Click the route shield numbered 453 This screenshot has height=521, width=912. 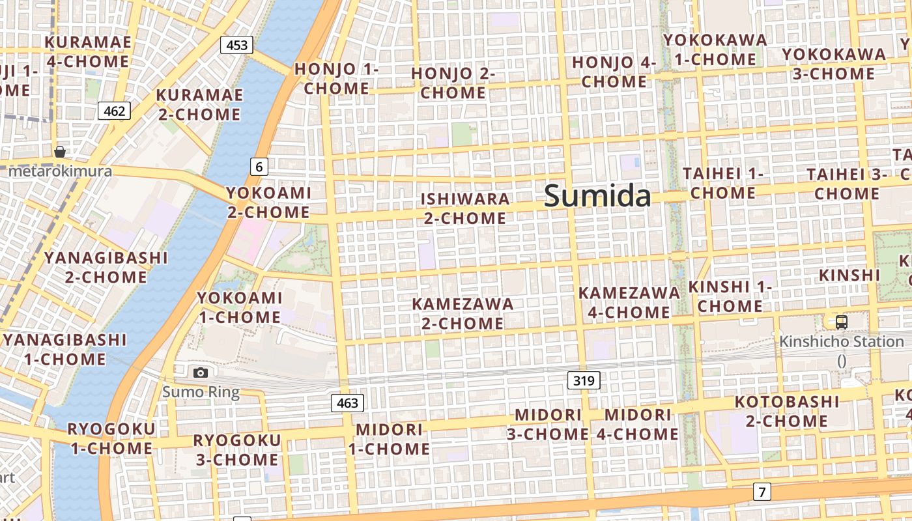pyautogui.click(x=236, y=45)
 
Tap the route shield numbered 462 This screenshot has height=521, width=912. pyautogui.click(x=114, y=111)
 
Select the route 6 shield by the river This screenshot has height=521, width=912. pyautogui.click(x=259, y=167)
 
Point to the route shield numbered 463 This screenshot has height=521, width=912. pyautogui.click(x=347, y=403)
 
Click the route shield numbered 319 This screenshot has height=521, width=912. pyautogui.click(x=583, y=380)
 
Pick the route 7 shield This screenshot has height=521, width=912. pyautogui.click(x=762, y=492)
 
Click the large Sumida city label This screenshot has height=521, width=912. pyautogui.click(x=597, y=195)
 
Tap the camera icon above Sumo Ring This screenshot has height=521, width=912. pyautogui.click(x=201, y=373)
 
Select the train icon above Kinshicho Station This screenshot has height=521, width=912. pyautogui.click(x=842, y=322)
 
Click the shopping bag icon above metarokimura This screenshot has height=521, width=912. pyautogui.click(x=60, y=152)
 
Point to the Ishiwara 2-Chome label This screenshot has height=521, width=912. pyautogui.click(x=465, y=208)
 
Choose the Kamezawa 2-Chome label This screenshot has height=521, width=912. pyautogui.click(x=463, y=313)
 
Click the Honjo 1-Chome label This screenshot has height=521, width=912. pyautogui.click(x=336, y=78)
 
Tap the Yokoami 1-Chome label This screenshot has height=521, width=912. pyautogui.click(x=240, y=307)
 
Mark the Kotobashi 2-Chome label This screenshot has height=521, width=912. pyautogui.click(x=787, y=411)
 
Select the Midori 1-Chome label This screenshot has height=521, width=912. pyautogui.click(x=389, y=439)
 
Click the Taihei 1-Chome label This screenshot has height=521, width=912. pyautogui.click(x=723, y=184)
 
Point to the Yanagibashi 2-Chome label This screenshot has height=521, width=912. pyautogui.click(x=106, y=267)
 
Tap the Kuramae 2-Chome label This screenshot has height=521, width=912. pyautogui.click(x=199, y=104)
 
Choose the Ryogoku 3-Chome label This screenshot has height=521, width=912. pyautogui.click(x=237, y=450)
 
